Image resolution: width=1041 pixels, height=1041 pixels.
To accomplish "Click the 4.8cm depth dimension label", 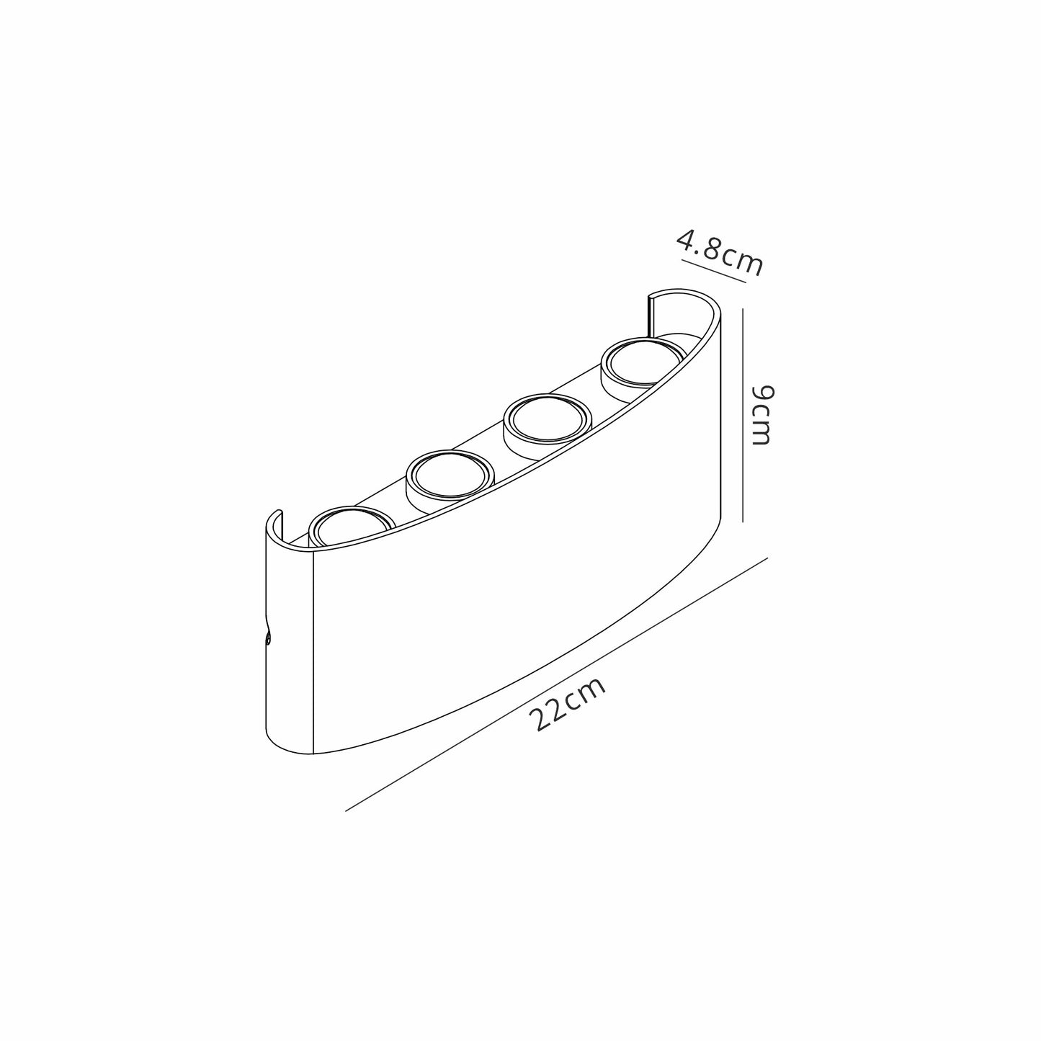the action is (x=720, y=254).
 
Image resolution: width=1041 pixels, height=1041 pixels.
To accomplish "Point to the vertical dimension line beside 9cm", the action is (x=743, y=415).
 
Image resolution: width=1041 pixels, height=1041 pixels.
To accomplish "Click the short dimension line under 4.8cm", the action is (x=714, y=272).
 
